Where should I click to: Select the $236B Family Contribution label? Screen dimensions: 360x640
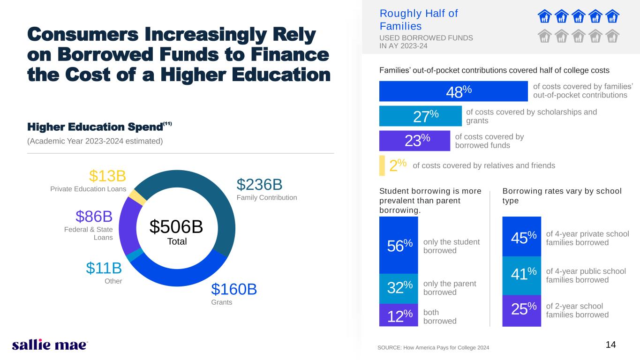[x=259, y=184]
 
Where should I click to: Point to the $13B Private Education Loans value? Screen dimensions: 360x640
[x=107, y=176]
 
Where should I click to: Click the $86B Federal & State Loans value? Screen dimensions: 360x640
[x=94, y=217]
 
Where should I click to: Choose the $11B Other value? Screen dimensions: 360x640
[x=104, y=268]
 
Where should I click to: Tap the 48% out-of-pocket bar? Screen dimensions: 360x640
[x=453, y=91]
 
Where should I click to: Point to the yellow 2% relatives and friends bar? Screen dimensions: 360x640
[x=382, y=165]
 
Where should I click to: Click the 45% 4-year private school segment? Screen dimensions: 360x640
[x=521, y=237]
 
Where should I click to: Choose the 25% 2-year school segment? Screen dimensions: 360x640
[x=521, y=310]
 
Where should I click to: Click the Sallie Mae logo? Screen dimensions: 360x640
[x=50, y=345]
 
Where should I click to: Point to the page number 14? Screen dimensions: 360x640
[x=610, y=345]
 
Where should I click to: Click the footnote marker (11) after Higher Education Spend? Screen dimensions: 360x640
[x=168, y=124]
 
